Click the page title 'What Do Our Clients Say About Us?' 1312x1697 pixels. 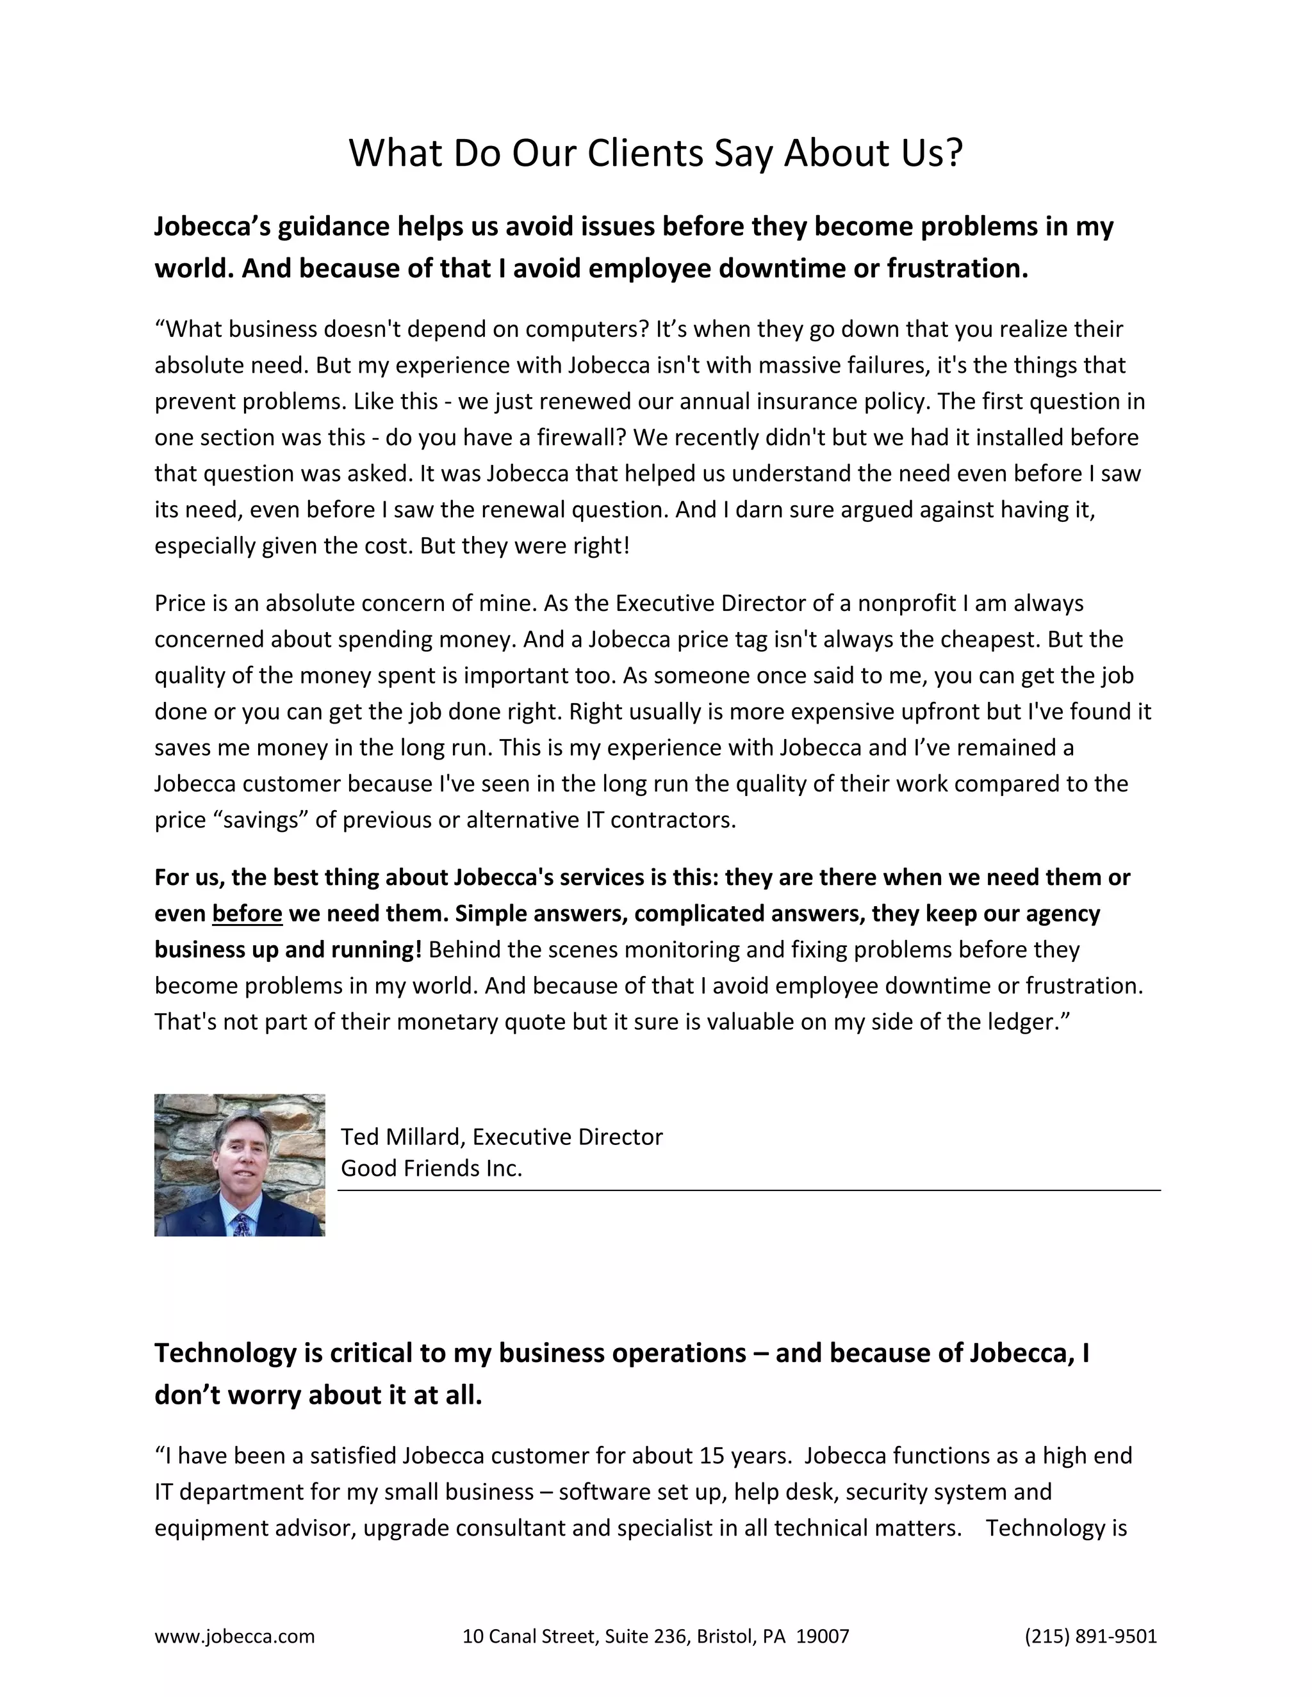point(655,153)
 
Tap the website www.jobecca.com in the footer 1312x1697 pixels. point(234,1636)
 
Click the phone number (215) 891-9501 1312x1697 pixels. point(1090,1636)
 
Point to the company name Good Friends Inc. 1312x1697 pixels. point(431,1168)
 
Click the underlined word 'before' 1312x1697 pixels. point(247,914)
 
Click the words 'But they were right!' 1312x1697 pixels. point(525,546)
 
